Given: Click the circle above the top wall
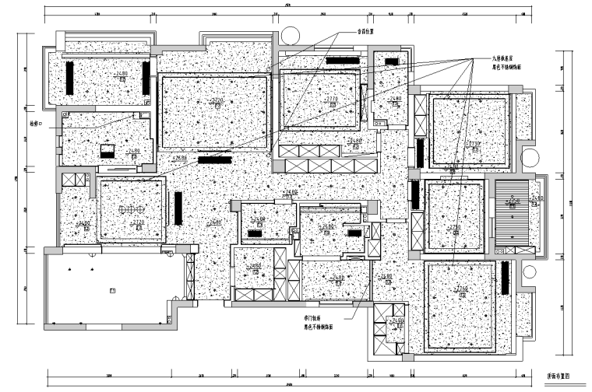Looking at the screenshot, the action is click(288, 35).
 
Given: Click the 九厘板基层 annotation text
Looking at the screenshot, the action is click(502, 58).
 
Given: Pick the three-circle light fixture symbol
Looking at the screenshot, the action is click(127, 210).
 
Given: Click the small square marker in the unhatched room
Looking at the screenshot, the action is click(112, 289).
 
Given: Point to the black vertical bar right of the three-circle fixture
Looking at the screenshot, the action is click(178, 208).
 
